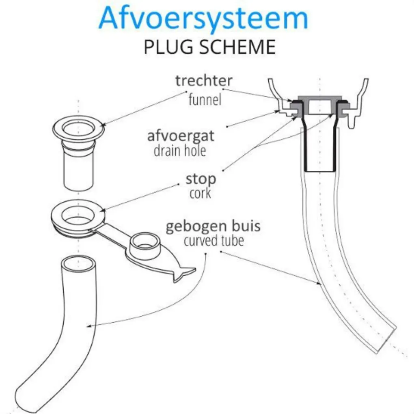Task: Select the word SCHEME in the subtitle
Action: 237,47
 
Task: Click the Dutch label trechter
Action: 204,80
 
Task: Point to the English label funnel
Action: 205,99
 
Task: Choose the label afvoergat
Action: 181,136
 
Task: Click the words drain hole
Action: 180,151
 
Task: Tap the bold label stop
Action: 201,179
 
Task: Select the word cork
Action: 200,193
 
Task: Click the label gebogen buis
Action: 213,226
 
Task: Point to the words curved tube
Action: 213,241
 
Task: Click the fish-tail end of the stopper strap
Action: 185,275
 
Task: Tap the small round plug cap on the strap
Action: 145,244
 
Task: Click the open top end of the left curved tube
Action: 78,263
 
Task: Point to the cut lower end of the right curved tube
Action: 386,340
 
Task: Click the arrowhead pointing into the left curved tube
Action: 89,326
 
